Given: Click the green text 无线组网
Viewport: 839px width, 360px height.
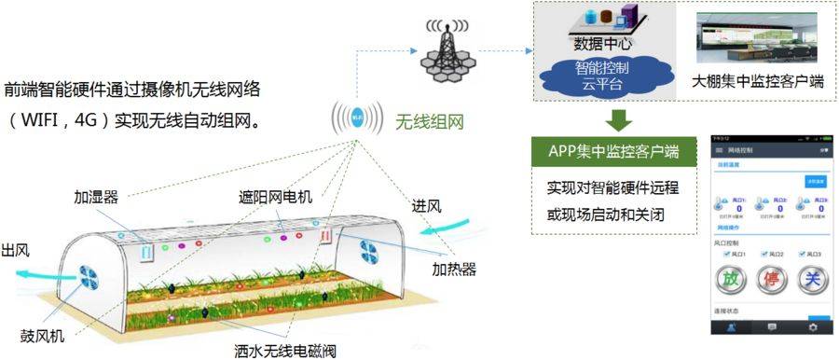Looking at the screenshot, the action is (x=429, y=121).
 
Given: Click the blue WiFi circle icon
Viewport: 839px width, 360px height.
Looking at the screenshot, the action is (x=357, y=118).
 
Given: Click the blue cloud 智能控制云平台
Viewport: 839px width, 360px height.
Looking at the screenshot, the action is (x=602, y=73).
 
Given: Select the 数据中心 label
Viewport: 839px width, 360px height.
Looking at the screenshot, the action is (x=603, y=44).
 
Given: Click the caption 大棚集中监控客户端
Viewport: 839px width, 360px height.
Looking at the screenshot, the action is (x=758, y=82).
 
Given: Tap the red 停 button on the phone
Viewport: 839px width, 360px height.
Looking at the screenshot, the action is (x=770, y=280).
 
